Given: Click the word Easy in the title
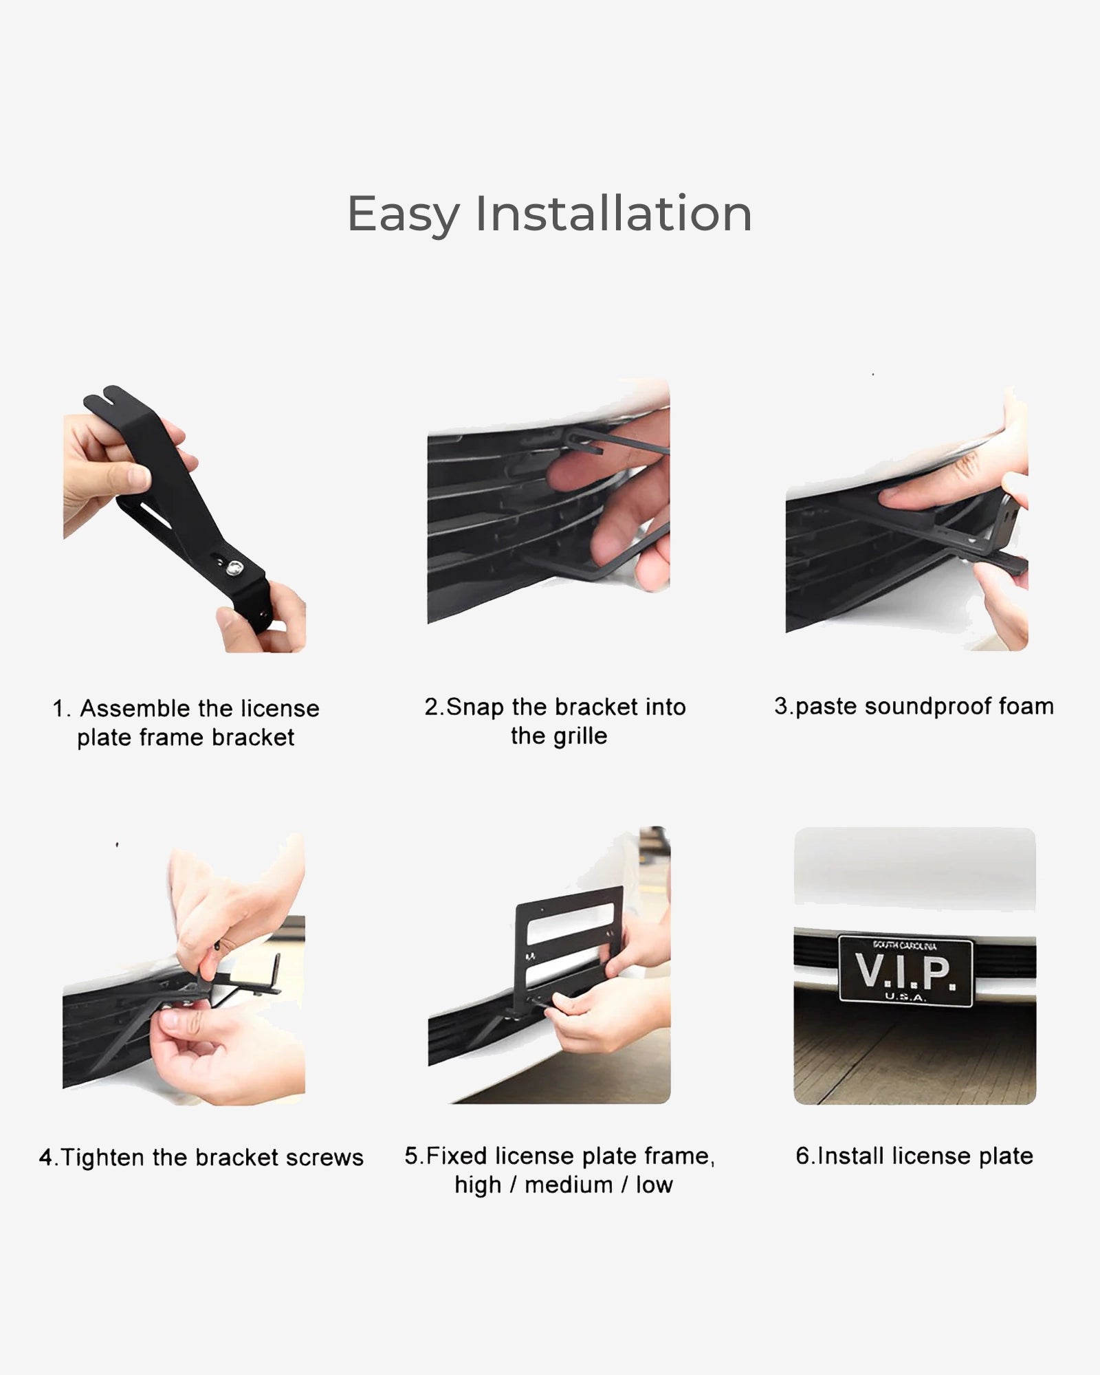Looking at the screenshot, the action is [x=404, y=214].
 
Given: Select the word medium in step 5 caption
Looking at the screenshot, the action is [x=569, y=1185].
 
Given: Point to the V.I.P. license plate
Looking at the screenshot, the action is [x=905, y=970].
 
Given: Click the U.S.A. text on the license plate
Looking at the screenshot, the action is [x=905, y=996].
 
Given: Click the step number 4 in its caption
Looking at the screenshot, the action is [x=45, y=1158].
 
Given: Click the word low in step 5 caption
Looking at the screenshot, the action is [x=654, y=1185].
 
